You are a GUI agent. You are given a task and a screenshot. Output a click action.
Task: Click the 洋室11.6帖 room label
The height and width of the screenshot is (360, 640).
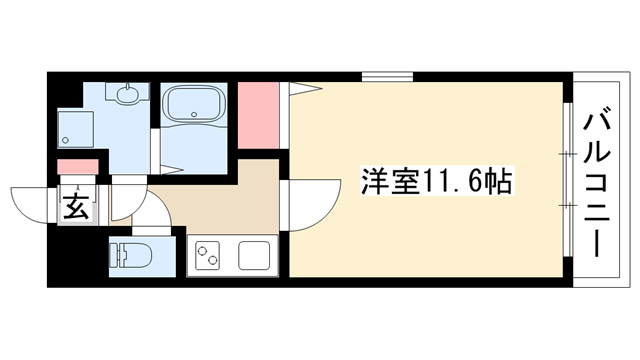436,181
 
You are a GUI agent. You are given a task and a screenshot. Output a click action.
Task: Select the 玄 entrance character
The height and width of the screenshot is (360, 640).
77,206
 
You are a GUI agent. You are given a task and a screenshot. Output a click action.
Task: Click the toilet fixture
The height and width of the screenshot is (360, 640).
130,256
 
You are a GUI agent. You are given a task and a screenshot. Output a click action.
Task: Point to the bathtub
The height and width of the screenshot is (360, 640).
193,105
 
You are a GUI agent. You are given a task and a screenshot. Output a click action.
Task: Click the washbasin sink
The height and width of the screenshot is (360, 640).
128,93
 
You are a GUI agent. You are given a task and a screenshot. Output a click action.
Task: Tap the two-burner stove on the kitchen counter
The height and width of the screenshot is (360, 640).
207,255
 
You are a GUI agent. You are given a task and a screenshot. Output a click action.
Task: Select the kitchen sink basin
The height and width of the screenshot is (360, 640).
254,255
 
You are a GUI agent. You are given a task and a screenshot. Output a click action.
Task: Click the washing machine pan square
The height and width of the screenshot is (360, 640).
76,129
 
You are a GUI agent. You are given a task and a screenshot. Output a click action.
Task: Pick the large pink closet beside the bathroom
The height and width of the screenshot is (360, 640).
258,115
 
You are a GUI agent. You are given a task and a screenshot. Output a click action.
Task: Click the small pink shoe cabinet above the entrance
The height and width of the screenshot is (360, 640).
78,167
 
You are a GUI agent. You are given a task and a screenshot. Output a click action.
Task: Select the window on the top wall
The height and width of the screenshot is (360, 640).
387,77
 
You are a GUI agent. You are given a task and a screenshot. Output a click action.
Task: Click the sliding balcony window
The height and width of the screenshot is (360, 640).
567,180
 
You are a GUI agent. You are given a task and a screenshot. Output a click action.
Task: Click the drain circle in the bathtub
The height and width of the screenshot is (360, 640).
194,114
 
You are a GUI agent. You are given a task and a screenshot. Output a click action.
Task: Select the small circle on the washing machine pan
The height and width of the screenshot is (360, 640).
65,140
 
